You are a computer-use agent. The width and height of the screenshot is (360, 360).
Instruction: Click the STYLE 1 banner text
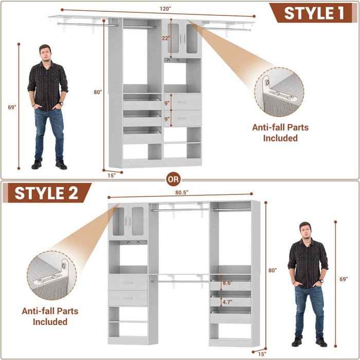click(314, 13)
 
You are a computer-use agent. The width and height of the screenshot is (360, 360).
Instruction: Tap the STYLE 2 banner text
click(46, 193)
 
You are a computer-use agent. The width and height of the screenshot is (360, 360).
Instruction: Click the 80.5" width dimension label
click(181, 192)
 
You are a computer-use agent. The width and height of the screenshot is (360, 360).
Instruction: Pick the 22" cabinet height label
click(165, 38)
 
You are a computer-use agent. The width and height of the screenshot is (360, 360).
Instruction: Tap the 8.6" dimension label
click(226, 283)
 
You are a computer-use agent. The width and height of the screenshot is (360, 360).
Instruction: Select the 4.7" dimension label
click(226, 302)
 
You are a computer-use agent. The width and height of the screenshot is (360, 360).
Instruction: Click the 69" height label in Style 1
click(12, 107)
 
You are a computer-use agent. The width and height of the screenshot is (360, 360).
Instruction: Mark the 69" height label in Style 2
click(344, 279)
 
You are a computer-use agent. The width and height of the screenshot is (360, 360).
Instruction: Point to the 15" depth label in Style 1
click(112, 174)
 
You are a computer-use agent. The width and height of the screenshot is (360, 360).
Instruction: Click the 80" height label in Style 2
click(272, 270)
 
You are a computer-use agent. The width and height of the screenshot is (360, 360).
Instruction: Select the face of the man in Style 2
click(305, 230)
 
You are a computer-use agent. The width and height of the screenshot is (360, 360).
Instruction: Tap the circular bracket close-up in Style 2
click(51, 275)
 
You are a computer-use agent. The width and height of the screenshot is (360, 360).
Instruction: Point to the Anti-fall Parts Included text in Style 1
click(280, 132)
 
